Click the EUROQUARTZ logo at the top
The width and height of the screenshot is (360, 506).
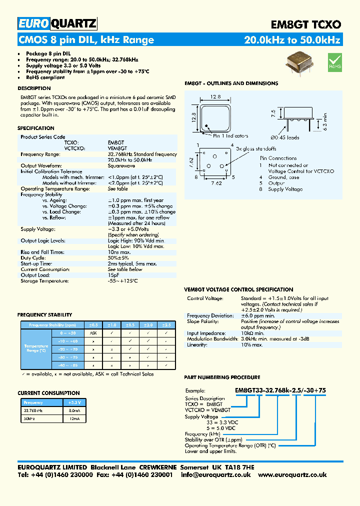(x=57, y=23)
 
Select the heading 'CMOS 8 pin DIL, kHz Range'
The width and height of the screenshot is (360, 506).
(x=86, y=40)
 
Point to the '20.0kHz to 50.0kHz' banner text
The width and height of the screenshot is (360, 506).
(x=292, y=40)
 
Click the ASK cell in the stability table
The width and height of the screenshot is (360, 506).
(x=93, y=332)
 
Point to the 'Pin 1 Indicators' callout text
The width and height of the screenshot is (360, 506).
(x=230, y=136)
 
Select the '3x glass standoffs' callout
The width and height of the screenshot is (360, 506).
(x=256, y=148)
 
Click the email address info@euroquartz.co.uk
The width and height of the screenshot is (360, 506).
(x=216, y=474)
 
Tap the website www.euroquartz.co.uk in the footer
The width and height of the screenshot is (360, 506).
(x=292, y=474)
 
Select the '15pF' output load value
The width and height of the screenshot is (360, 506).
(x=113, y=275)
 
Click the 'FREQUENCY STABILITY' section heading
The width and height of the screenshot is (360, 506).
(x=45, y=315)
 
